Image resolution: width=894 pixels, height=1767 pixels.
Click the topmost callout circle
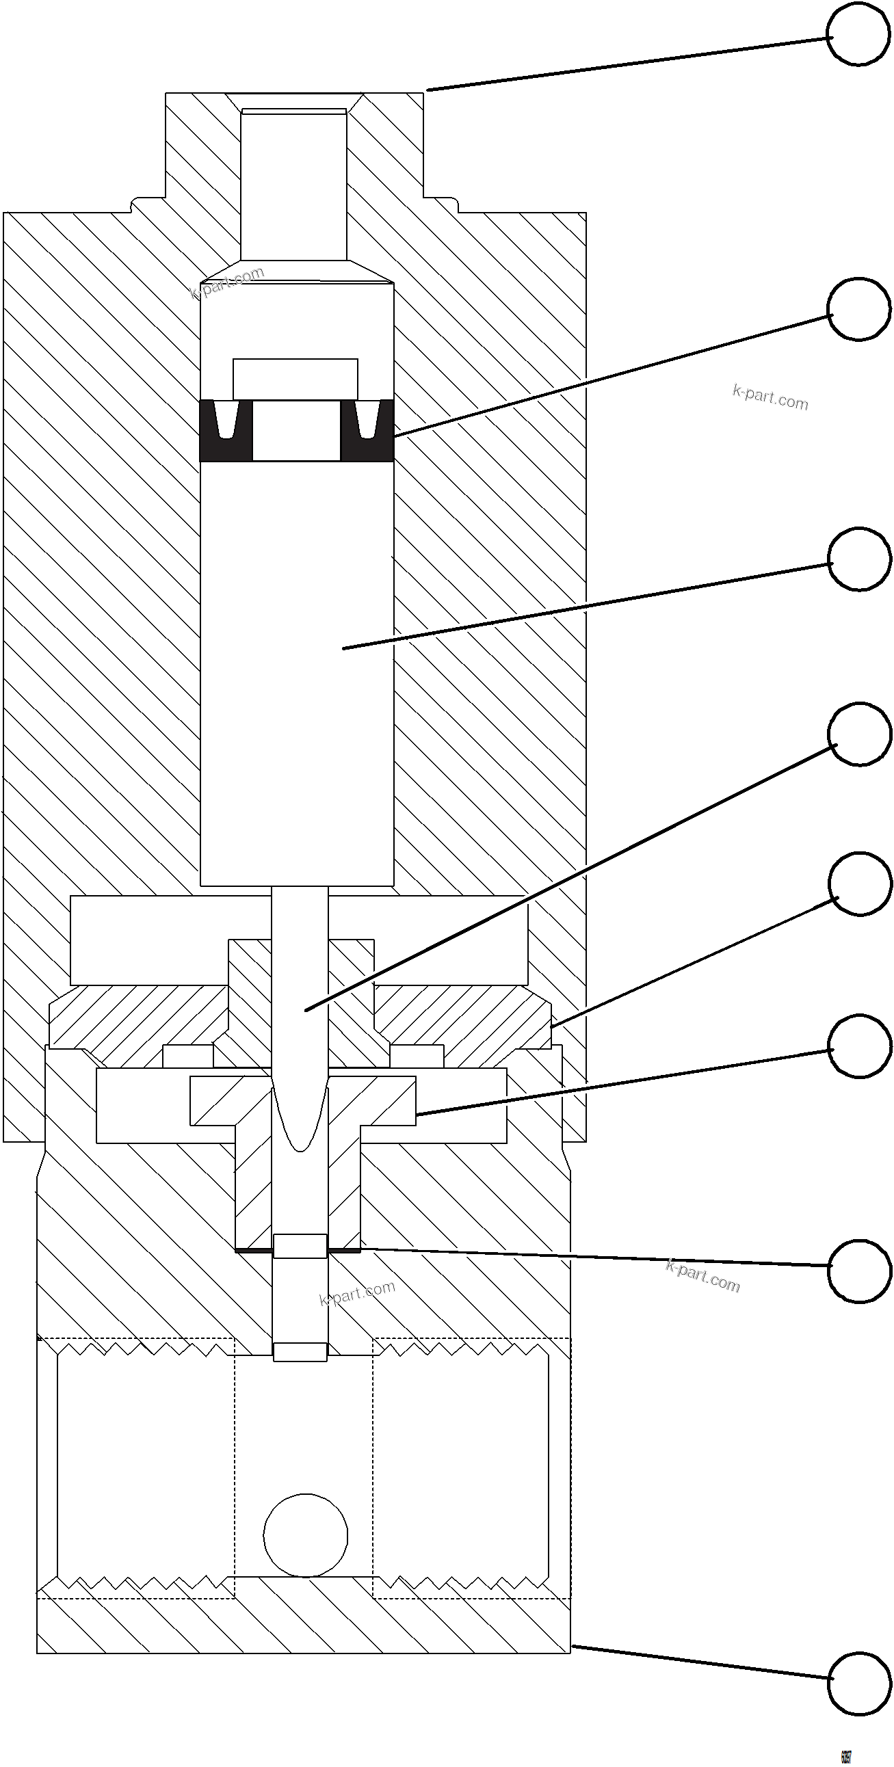[x=858, y=36]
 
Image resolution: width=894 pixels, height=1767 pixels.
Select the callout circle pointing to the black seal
[x=858, y=308]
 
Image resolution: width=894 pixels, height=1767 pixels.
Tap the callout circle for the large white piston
[x=858, y=559]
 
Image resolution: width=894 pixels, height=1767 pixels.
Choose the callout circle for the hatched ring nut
[x=860, y=883]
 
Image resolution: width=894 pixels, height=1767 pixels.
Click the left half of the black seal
[x=226, y=431]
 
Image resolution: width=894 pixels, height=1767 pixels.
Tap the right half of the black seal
[x=367, y=431]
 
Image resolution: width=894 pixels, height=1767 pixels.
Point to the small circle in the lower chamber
[x=305, y=1534]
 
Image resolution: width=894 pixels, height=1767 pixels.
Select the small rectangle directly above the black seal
[x=295, y=379]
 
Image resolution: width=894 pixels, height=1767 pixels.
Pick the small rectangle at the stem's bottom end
[x=300, y=1352]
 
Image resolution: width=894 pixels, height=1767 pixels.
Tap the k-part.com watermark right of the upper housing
[x=770, y=397]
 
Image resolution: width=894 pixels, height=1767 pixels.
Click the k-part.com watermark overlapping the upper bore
[x=227, y=283]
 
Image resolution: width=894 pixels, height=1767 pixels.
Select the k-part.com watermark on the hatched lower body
[x=358, y=1294]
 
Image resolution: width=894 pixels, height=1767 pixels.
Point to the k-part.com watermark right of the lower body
[x=702, y=1276]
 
